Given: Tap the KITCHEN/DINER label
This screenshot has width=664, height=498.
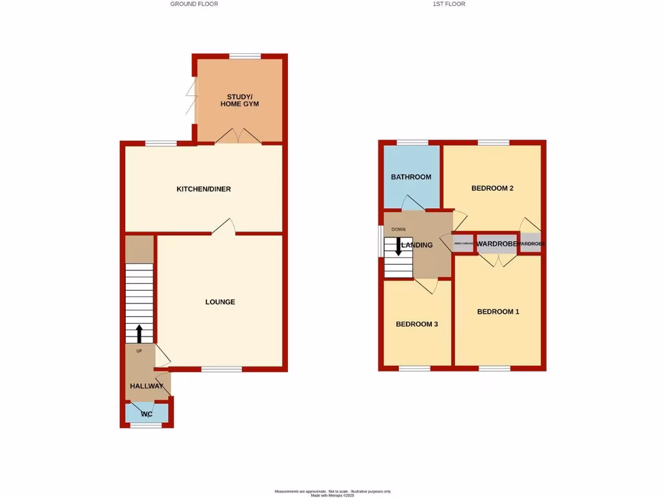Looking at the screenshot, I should click(204, 189).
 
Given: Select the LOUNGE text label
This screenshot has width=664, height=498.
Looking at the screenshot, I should click(220, 302).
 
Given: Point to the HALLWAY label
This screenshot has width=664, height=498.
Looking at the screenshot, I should click(147, 386).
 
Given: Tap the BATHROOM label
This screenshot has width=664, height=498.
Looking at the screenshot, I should click(410, 177).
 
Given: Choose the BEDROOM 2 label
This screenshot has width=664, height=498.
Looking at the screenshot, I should click(492, 189).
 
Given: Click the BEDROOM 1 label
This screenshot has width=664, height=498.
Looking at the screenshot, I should click(498, 311).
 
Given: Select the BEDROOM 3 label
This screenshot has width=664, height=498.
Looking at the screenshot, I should click(417, 324).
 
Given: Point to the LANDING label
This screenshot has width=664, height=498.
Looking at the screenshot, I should click(417, 245).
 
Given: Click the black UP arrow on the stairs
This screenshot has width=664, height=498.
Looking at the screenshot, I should click(139, 333).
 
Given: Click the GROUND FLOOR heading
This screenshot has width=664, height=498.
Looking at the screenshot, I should click(194, 4).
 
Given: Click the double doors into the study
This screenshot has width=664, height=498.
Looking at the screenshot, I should click(239, 136).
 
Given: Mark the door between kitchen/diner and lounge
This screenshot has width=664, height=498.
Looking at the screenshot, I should click(223, 226).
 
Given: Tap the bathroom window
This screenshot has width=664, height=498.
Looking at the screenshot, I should click(412, 142).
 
